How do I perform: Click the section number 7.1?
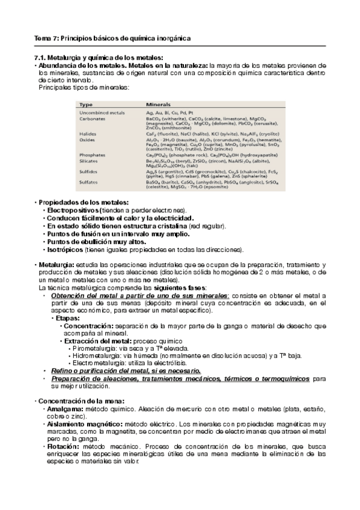(40, 58)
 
